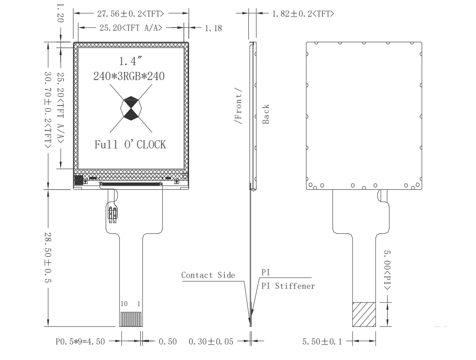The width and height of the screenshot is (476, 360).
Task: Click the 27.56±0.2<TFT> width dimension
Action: (130, 14)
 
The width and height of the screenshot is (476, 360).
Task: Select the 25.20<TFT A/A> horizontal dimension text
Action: (131, 28)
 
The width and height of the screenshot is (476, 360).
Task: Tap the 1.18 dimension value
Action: (213, 28)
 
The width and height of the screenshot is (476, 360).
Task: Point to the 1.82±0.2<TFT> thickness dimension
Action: (303, 14)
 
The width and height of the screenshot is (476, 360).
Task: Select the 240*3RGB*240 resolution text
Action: (129, 76)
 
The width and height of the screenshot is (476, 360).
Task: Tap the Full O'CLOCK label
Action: (130, 145)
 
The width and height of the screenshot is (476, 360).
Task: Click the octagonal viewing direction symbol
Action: (131, 108)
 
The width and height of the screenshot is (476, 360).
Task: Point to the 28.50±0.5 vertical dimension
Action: (48, 257)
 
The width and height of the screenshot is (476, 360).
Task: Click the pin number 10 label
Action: (124, 303)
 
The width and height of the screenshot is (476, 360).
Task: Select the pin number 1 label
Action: (139, 303)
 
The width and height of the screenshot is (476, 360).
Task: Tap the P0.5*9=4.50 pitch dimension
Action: (80, 341)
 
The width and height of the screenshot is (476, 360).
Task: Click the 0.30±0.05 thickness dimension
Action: (211, 341)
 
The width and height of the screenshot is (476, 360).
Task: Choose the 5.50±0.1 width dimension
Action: (322, 341)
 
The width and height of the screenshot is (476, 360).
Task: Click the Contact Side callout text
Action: (208, 275)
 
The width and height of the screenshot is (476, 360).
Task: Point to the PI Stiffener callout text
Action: (288, 286)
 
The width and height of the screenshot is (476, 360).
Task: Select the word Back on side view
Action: (266, 114)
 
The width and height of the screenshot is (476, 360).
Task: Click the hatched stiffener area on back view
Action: (364, 314)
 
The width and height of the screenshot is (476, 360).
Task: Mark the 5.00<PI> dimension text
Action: (387, 270)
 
